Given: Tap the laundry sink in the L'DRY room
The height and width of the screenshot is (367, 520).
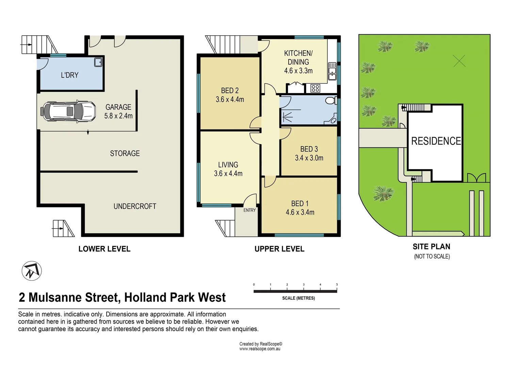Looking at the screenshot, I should tap(98, 62).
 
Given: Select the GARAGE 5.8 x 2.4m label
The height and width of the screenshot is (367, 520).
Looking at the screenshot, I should tap(118, 111).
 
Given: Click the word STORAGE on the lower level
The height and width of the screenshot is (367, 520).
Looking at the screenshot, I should tap(125, 154).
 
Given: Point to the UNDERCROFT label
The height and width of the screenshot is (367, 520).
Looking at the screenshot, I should tap(135, 207).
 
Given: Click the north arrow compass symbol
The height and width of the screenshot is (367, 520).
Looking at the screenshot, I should tap(32, 271).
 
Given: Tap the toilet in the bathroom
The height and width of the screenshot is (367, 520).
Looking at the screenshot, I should tap(330, 101).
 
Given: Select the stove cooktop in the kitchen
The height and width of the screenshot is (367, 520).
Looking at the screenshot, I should tap(315, 88).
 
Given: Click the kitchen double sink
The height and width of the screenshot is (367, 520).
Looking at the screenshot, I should tap(332, 71).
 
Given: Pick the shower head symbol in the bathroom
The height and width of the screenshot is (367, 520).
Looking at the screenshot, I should tap(288, 117).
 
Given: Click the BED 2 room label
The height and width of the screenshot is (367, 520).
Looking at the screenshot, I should tap(230, 91).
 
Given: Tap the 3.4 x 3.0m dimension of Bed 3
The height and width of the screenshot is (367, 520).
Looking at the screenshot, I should tap(309, 158).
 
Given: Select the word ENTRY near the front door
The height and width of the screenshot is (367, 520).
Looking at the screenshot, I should tap(249, 210).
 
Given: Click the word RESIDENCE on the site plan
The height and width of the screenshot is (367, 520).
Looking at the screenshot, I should tap(436, 141).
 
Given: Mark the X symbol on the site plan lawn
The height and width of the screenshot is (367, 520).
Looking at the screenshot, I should tap(459, 61).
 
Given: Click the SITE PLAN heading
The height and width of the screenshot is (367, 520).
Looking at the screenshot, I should tap(431, 247).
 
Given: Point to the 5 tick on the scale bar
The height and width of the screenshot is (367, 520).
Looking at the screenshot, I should tap(337, 285).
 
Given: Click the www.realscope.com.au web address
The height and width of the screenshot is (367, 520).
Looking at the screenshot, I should tap(260, 349).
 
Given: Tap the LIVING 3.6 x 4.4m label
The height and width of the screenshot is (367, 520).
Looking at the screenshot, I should tap(228, 169).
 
